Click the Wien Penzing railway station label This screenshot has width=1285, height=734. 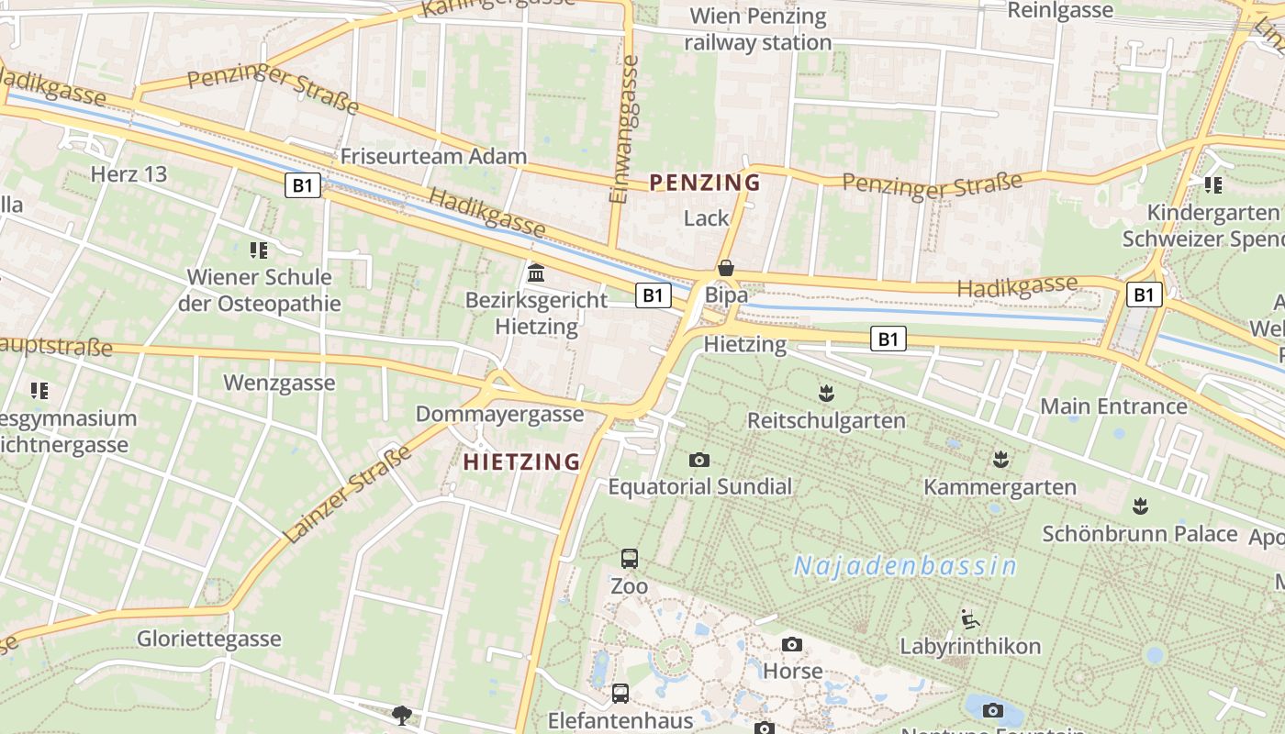tap(758, 29)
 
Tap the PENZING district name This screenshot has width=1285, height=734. tap(706, 183)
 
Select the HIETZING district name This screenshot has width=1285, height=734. tap(522, 462)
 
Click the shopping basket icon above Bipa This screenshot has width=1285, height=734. tap(726, 268)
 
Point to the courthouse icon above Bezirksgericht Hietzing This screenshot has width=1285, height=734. tap(536, 273)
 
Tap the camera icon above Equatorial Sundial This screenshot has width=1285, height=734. tap(699, 460)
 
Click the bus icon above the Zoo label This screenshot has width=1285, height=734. tap(630, 558)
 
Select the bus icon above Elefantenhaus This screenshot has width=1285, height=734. tap(620, 693)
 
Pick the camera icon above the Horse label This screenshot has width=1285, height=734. tap(792, 645)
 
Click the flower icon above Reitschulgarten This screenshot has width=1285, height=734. tap(826, 394)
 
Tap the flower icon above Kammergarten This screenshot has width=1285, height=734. tap(1000, 459)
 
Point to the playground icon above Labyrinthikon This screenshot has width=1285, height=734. tap(969, 619)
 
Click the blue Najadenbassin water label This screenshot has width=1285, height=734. tap(905, 566)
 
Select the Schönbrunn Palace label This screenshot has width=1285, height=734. tap(1140, 533)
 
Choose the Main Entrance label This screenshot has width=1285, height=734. tap(1113, 406)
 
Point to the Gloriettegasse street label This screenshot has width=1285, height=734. tap(209, 639)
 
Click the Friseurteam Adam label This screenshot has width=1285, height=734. tap(433, 156)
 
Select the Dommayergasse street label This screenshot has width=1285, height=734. tap(500, 414)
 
